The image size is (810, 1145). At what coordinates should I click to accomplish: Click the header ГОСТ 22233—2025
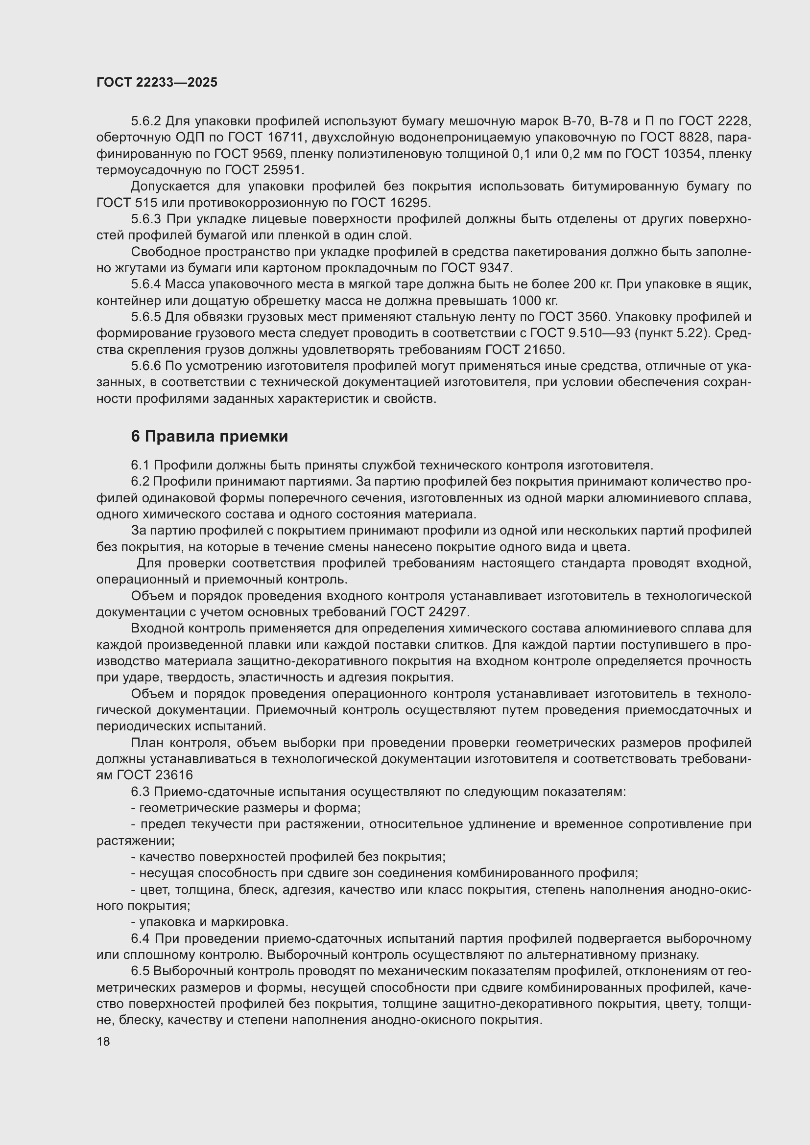click(x=157, y=83)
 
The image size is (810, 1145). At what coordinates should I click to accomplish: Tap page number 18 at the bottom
click(x=103, y=1041)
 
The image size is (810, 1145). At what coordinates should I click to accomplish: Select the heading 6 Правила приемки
click(x=210, y=436)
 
